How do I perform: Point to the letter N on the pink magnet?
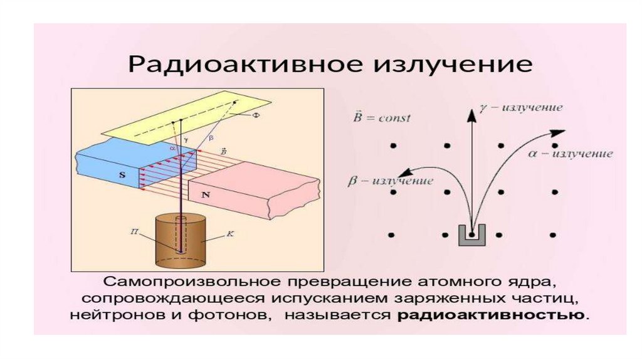point(204,195)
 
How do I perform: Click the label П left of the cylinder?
point(134,231)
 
